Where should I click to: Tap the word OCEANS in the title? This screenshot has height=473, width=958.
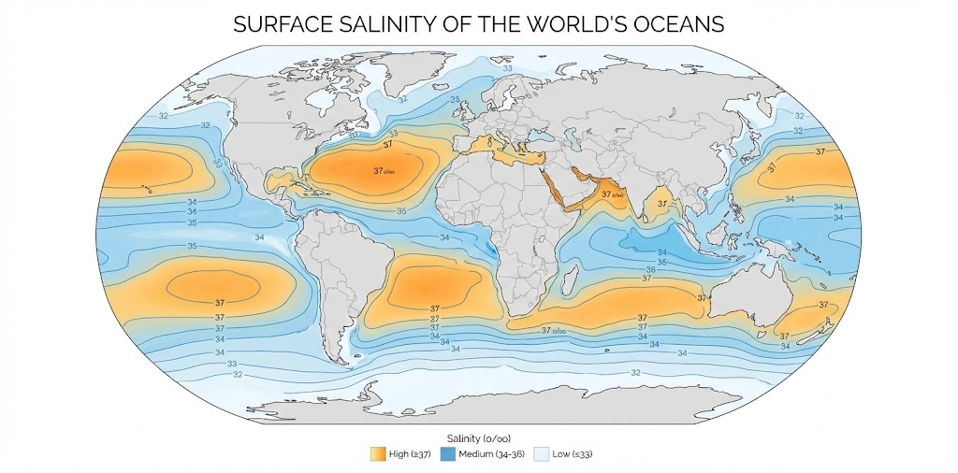pyautogui.click(x=678, y=24)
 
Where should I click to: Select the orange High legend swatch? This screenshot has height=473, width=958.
pyautogui.click(x=378, y=453)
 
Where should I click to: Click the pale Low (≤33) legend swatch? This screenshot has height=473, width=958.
pyautogui.click(x=541, y=453)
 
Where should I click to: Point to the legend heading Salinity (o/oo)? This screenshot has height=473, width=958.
pyautogui.click(x=479, y=437)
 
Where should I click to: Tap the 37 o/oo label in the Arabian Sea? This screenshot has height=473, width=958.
pyautogui.click(x=612, y=194)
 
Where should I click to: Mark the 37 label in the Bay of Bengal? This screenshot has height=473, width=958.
pyautogui.click(x=662, y=201)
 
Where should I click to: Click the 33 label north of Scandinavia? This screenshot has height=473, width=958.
pyautogui.click(x=508, y=68)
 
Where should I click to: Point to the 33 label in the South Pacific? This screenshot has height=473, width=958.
pyautogui.click(x=232, y=364)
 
